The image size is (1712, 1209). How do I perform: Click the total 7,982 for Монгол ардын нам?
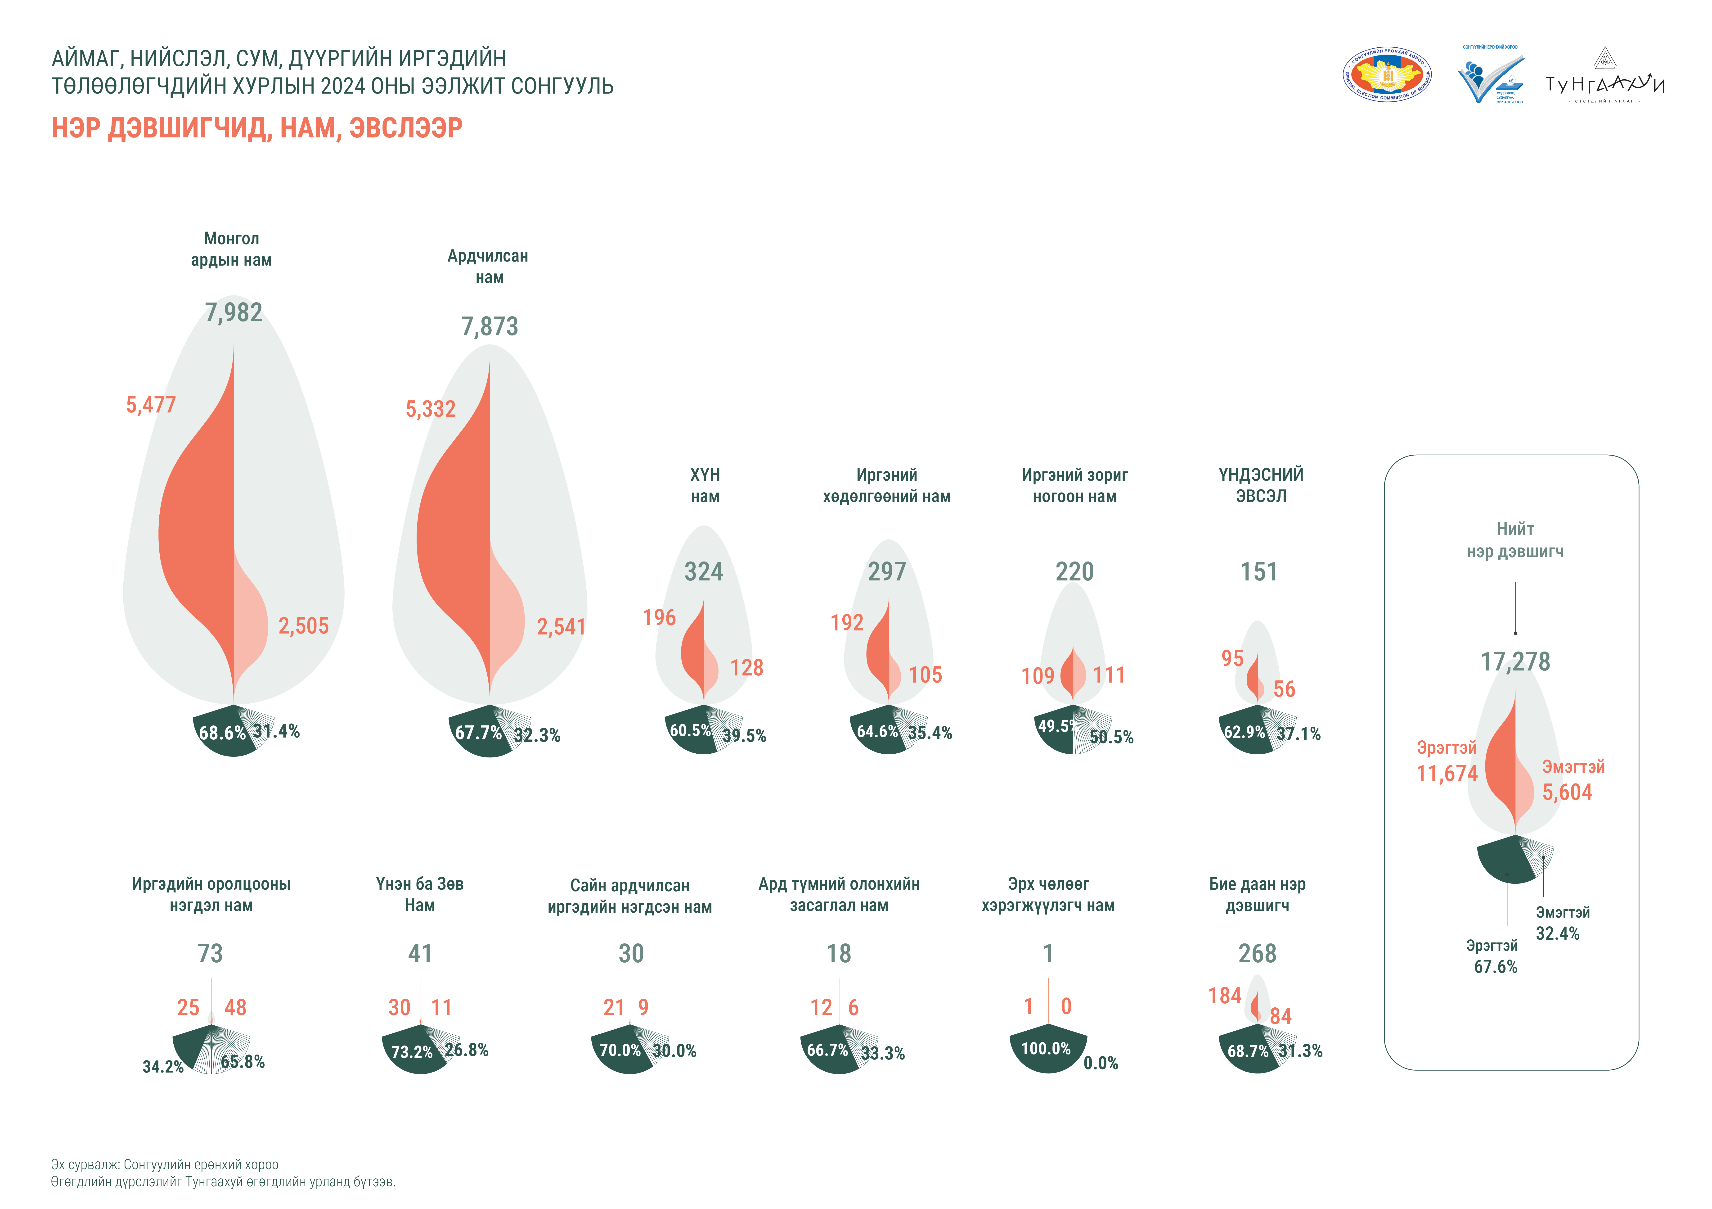pyautogui.click(x=233, y=312)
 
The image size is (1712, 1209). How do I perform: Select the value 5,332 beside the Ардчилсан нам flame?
pyautogui.click(x=430, y=409)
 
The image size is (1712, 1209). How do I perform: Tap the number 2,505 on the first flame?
pyautogui.click(x=303, y=626)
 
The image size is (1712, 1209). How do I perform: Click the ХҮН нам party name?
pyautogui.click(x=705, y=485)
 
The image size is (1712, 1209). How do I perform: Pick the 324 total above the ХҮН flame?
pyautogui.click(x=704, y=571)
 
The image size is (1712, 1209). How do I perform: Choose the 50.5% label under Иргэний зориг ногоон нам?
pyautogui.click(x=1111, y=737)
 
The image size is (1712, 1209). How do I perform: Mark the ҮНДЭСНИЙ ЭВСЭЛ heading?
pyautogui.click(x=1261, y=485)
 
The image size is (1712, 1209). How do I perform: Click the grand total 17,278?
pyautogui.click(x=1515, y=661)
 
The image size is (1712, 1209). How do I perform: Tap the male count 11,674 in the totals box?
pyautogui.click(x=1447, y=774)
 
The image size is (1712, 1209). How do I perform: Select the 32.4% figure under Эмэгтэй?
pyautogui.click(x=1558, y=933)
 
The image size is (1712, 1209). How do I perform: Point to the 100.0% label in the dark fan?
pyautogui.click(x=1045, y=1049)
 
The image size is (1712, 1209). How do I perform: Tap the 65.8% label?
pyautogui.click(x=242, y=1061)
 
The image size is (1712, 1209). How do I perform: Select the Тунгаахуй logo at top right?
pyautogui.click(x=1605, y=77)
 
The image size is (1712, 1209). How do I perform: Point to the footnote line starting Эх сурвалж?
pyautogui.click(x=165, y=1164)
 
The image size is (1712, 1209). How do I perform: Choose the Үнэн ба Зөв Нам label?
pyautogui.click(x=420, y=894)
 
